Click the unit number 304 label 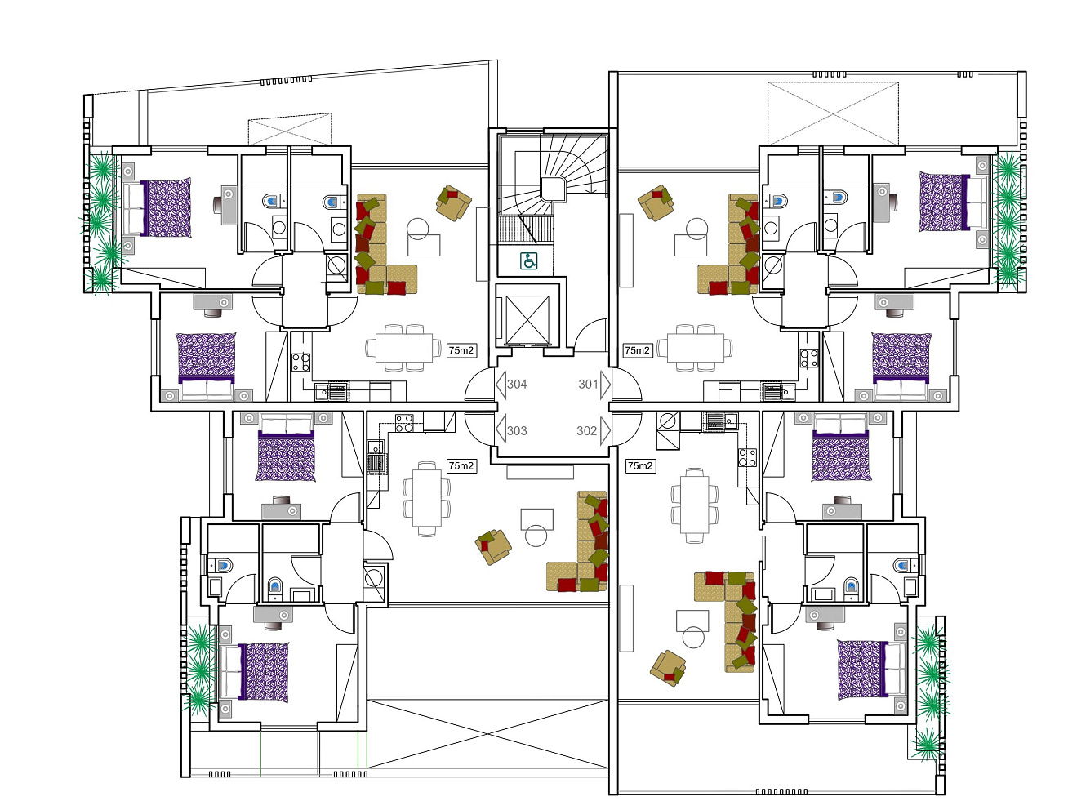(x=517, y=385)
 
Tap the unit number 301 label (x=588, y=385)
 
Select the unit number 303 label (x=517, y=430)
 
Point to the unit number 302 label (x=586, y=430)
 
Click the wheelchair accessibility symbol (x=528, y=261)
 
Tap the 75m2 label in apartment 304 (x=461, y=350)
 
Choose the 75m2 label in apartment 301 (x=637, y=350)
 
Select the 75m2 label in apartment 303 (x=461, y=466)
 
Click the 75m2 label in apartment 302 (x=640, y=466)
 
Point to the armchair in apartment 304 (x=453, y=202)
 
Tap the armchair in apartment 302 (x=668, y=668)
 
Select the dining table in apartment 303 (x=427, y=499)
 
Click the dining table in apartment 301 (x=695, y=348)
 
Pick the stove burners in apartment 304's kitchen (x=300, y=362)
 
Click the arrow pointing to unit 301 (x=605, y=385)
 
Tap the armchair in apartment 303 (x=493, y=547)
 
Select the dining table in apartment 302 (x=694, y=505)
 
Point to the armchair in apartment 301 (x=656, y=202)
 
